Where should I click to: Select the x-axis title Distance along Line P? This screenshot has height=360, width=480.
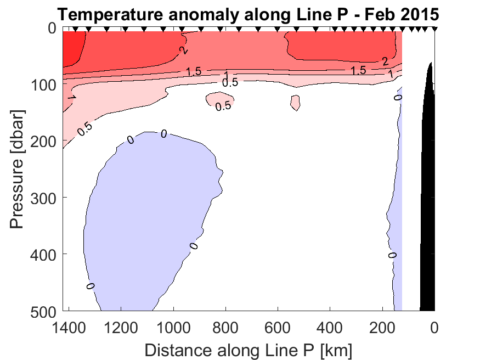248,349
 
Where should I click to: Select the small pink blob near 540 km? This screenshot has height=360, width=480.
295,102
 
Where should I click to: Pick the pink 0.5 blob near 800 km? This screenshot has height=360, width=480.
218,99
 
